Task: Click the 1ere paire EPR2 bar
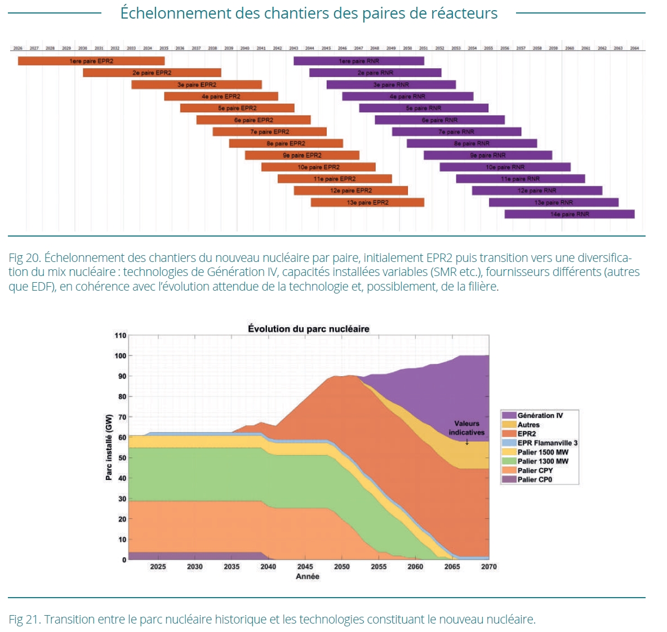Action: click(x=91, y=61)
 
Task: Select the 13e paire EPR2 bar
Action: click(x=367, y=202)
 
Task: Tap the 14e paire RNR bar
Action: click(x=570, y=214)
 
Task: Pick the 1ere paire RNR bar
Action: click(x=359, y=61)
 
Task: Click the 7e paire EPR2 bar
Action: click(x=270, y=132)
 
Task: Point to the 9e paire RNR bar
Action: click(x=488, y=155)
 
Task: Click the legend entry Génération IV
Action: click(x=540, y=416)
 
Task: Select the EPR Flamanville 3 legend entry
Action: click(x=547, y=443)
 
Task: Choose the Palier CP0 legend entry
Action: click(x=535, y=480)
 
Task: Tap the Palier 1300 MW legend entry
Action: click(x=543, y=461)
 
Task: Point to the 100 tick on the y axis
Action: click(x=121, y=356)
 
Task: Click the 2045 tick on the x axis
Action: click(x=305, y=567)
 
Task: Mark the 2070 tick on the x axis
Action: click(x=488, y=567)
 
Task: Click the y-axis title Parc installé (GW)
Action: click(x=109, y=447)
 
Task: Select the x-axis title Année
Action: click(x=308, y=577)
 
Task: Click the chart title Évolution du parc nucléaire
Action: click(x=309, y=329)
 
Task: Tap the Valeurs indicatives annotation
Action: click(x=466, y=428)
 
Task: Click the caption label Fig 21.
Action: click(x=24, y=620)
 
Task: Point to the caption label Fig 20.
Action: click(x=25, y=258)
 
